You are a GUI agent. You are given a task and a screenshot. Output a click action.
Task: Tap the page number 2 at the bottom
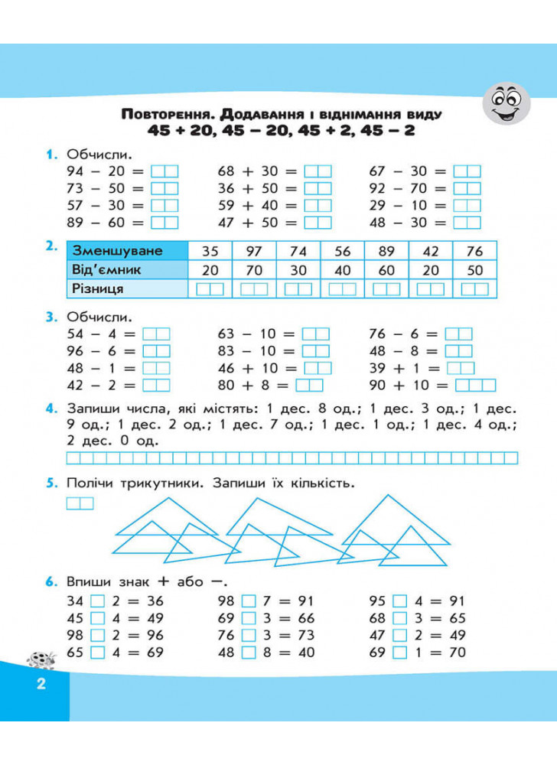[41, 683]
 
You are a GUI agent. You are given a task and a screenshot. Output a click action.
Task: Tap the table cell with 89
[386, 252]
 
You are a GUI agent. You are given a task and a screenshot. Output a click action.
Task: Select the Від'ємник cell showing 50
[474, 270]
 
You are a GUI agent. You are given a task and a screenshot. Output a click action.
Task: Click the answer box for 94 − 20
[164, 171]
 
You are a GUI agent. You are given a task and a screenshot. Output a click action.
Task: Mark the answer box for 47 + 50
[318, 222]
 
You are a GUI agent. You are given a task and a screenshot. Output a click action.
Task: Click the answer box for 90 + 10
[475, 385]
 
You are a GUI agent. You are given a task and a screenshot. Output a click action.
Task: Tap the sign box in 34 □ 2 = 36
[97, 601]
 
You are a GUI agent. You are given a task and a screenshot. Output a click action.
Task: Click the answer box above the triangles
[80, 503]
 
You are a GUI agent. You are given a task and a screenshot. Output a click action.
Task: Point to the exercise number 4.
[50, 408]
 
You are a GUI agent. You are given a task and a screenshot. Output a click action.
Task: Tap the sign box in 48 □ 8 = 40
[248, 653]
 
